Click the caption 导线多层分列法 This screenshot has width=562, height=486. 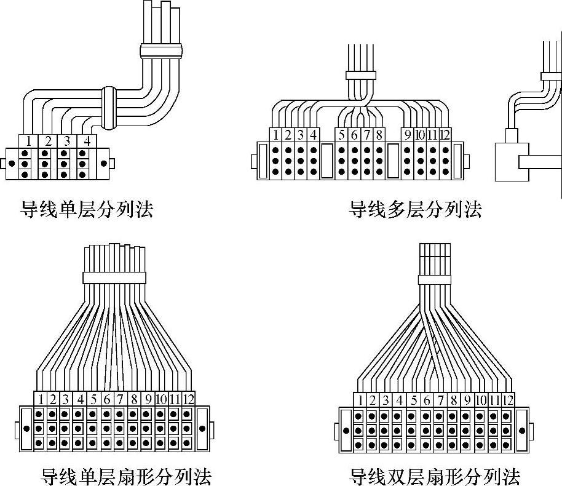(x=416, y=210)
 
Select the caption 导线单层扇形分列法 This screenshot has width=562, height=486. (x=126, y=476)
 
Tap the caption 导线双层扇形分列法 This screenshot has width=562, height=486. (x=435, y=476)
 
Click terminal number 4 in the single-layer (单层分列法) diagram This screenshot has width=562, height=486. (x=87, y=141)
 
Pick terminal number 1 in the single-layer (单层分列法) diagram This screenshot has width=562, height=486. (x=28, y=141)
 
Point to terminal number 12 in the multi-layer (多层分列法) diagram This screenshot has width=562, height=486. (x=445, y=135)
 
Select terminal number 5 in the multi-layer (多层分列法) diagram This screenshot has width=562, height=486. (x=342, y=135)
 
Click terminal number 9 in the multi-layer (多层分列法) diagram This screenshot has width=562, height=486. (x=407, y=135)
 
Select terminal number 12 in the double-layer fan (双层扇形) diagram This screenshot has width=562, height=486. (x=507, y=400)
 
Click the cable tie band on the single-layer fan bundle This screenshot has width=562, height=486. (x=114, y=277)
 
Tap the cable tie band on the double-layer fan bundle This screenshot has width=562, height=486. (x=438, y=280)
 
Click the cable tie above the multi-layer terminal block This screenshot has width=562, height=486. (x=361, y=75)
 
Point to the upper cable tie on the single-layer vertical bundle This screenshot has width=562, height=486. (x=162, y=50)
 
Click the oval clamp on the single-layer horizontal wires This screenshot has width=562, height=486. (x=109, y=109)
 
